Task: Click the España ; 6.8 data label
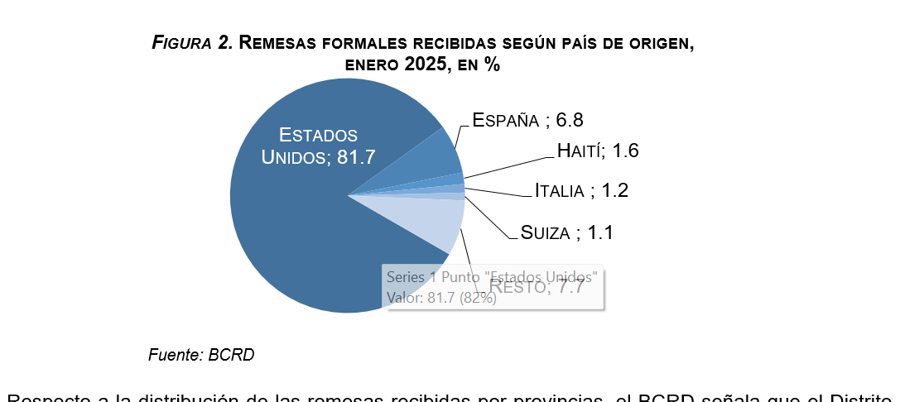pos(527,120)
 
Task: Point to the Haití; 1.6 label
pos(597,151)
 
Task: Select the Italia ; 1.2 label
pos(580,190)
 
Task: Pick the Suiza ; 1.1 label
pos(566,232)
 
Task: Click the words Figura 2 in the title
pos(191,43)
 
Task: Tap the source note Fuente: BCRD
pos(200,355)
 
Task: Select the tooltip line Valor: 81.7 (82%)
pos(440,297)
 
